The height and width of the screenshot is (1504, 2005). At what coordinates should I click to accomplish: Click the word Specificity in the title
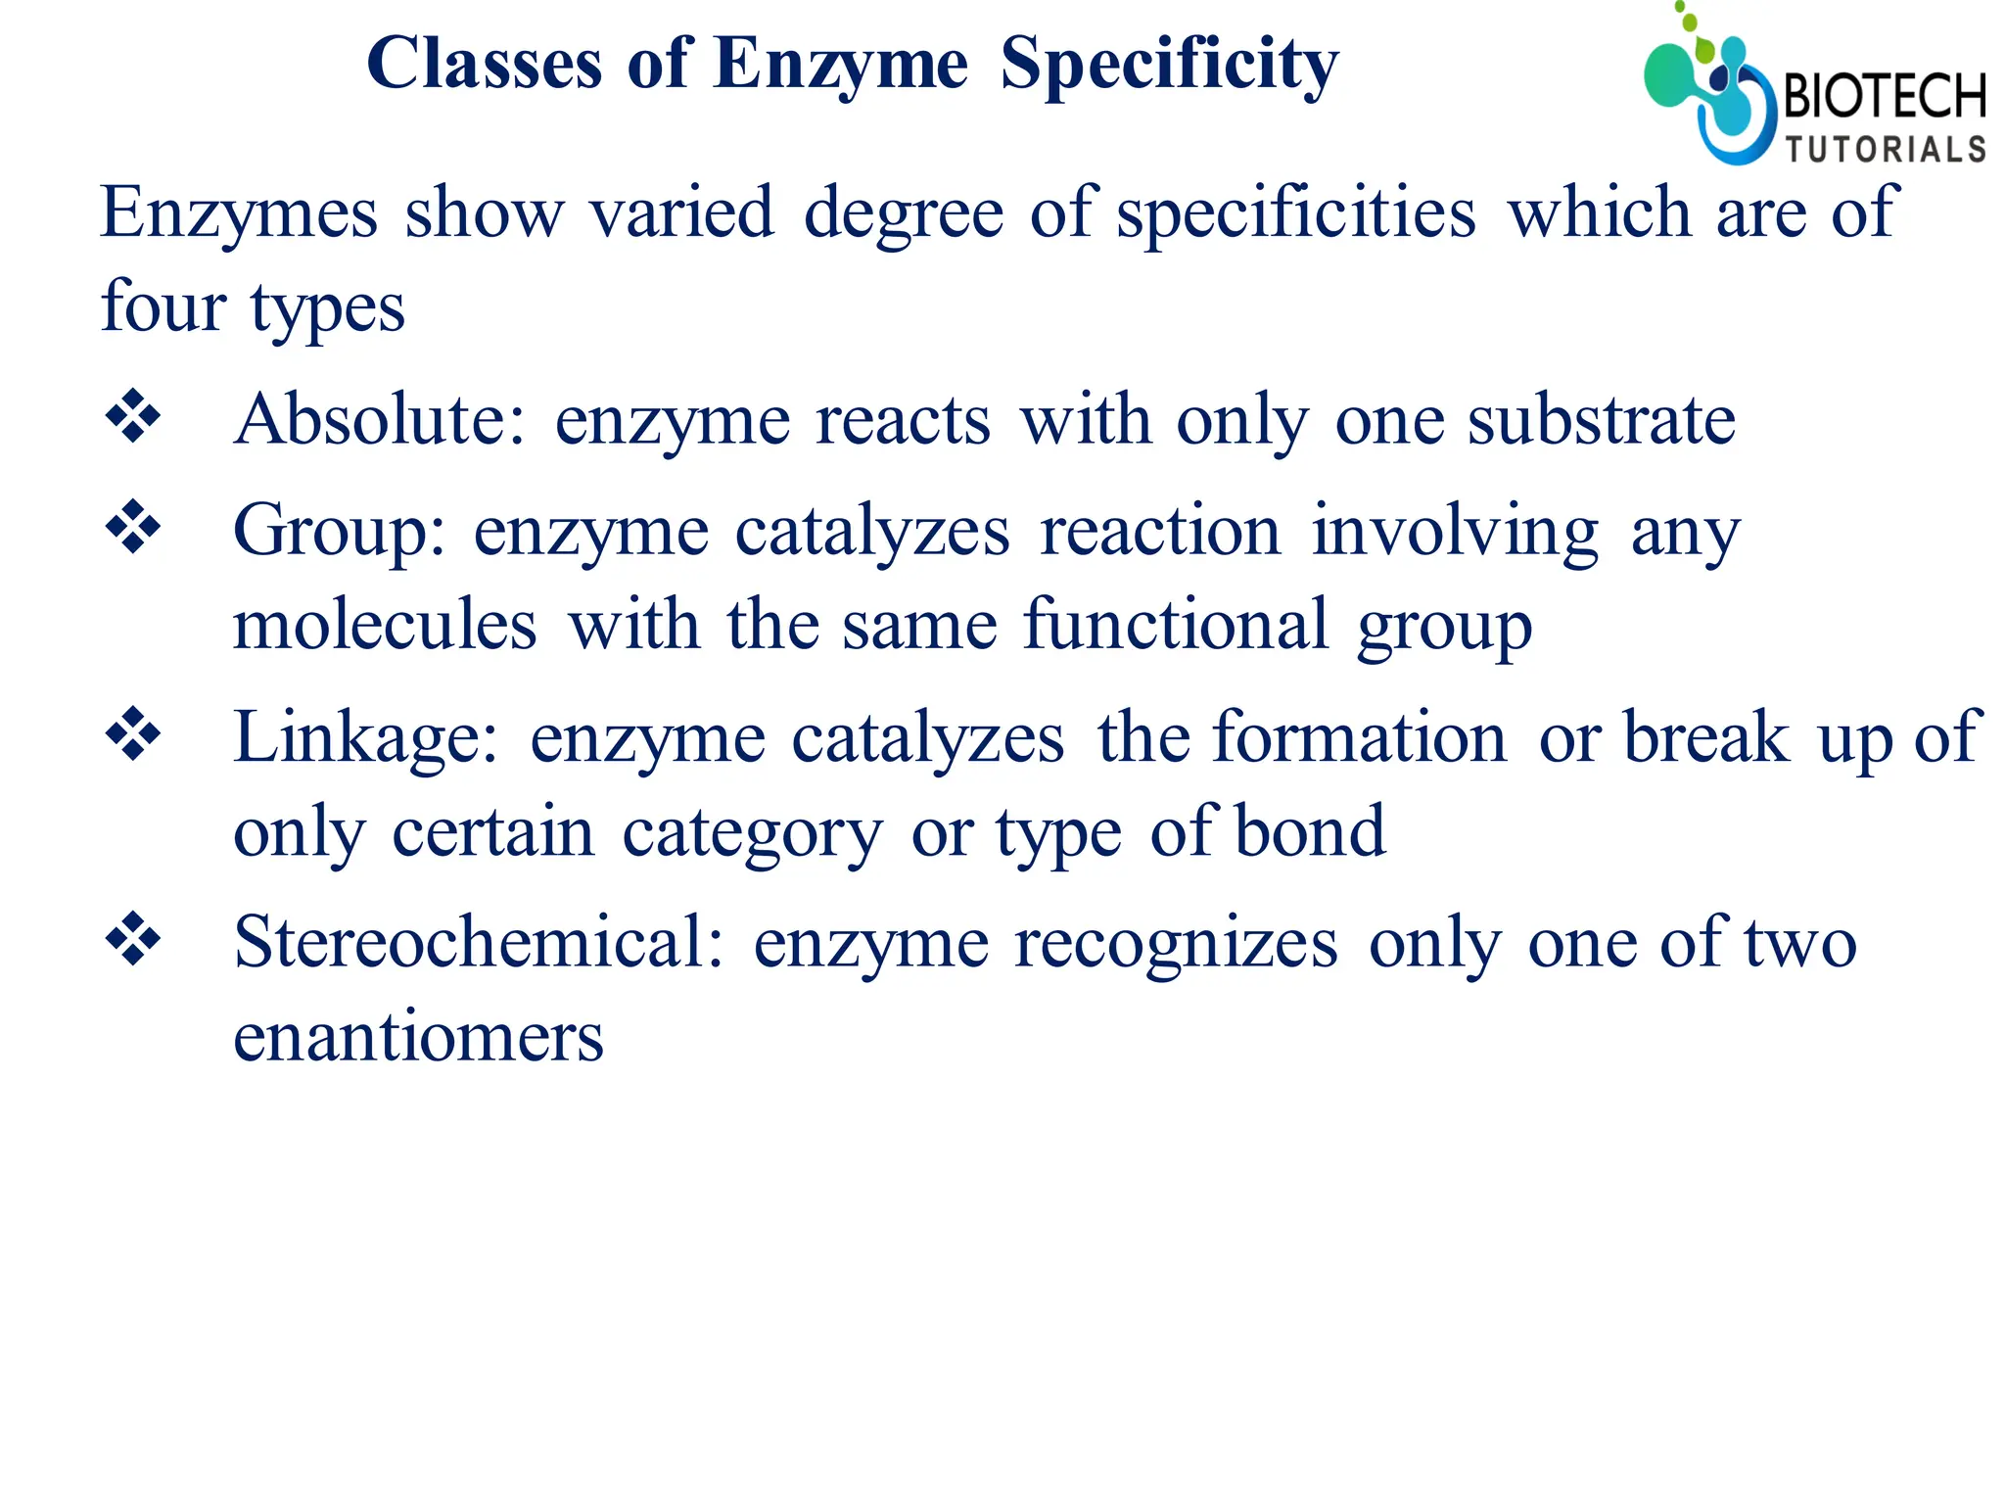[x=1169, y=65]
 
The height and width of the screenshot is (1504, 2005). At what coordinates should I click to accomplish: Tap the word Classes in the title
[x=484, y=65]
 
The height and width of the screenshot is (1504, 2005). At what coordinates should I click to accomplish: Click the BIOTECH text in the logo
[x=1885, y=96]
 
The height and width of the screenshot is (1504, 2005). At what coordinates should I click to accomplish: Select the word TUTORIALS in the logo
[x=1886, y=150]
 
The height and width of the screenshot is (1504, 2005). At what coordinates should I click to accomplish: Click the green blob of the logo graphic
[x=1669, y=74]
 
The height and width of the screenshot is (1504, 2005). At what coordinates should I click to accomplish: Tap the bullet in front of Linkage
[x=133, y=734]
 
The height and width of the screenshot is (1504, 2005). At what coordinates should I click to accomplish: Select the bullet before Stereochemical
[x=133, y=940]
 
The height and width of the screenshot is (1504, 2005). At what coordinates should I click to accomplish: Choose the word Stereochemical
[x=478, y=942]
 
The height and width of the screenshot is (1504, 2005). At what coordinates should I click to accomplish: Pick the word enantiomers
[x=418, y=1038]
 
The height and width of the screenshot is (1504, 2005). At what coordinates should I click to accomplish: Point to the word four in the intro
[x=163, y=306]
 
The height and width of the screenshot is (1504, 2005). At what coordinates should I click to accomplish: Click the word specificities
[x=1295, y=213]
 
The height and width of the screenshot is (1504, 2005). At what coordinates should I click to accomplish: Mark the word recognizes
[x=1176, y=944]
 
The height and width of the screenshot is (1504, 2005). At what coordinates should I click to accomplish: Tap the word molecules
[x=385, y=625]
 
